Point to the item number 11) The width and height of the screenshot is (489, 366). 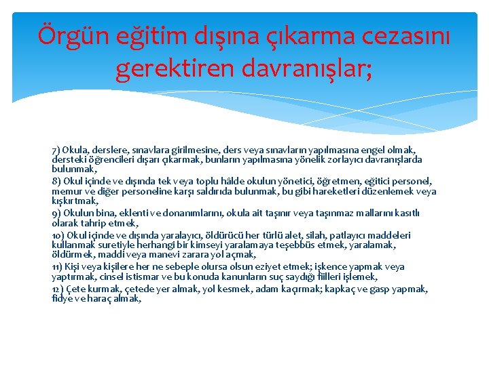tap(58, 267)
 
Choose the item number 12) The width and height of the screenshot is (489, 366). tap(59, 289)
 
